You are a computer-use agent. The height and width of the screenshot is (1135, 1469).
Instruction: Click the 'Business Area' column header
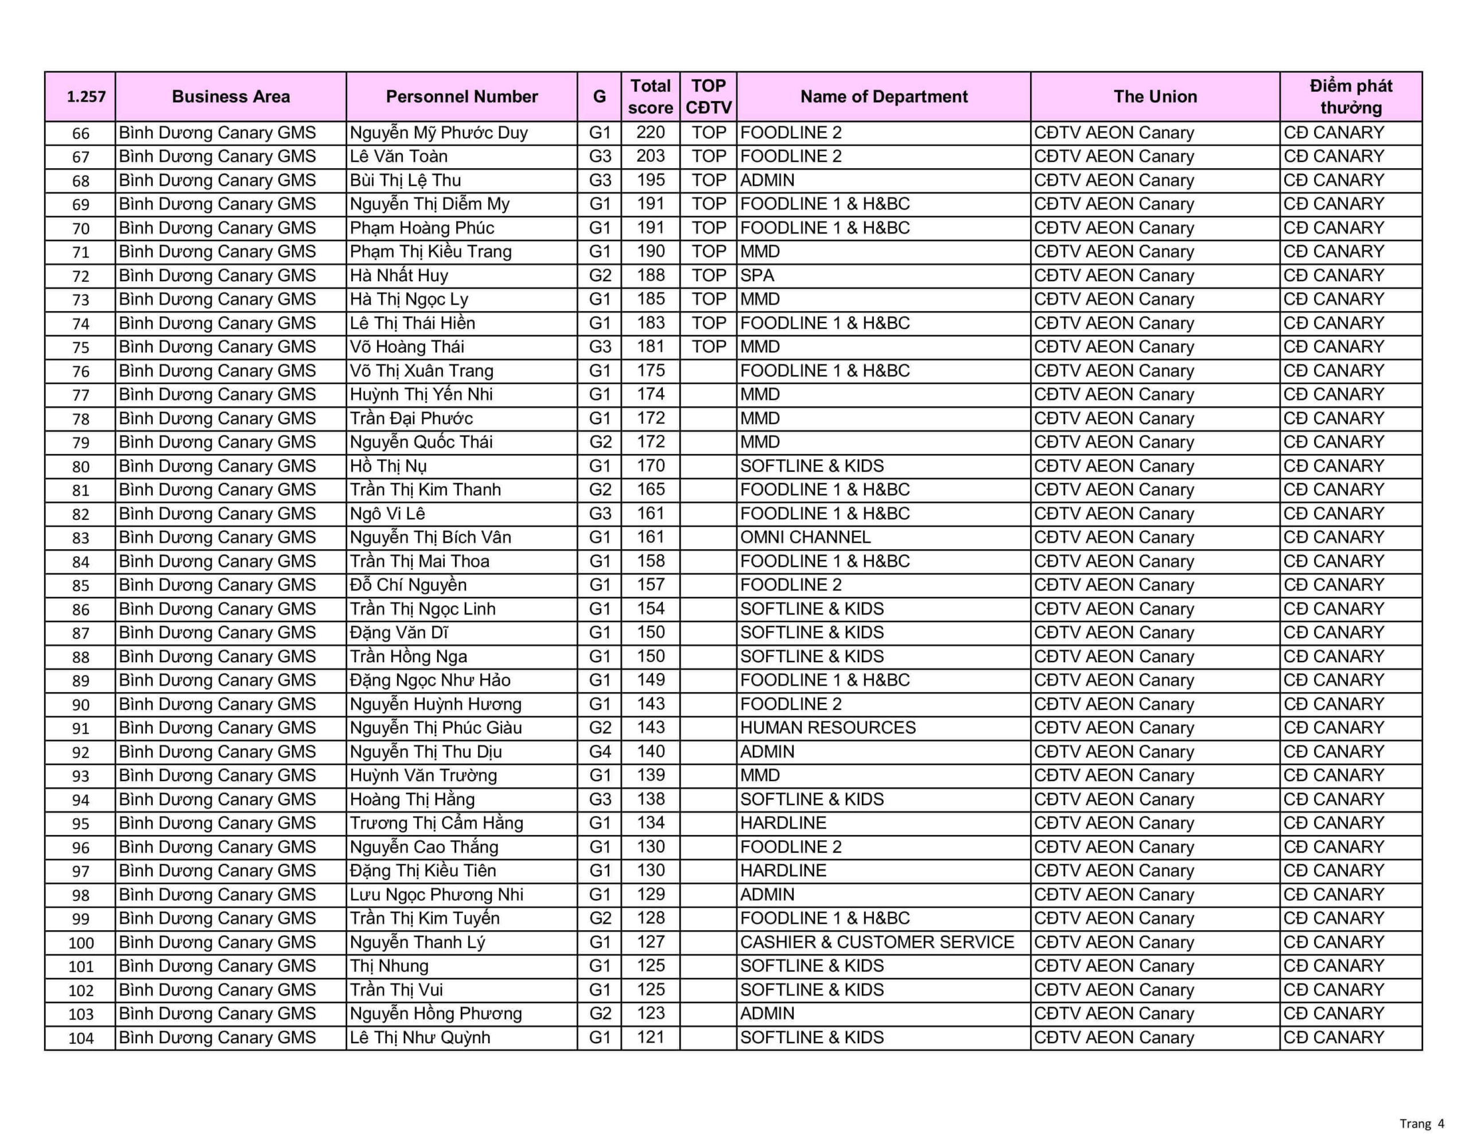pyautogui.click(x=231, y=96)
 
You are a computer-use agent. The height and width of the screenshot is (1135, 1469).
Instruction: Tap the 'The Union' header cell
pyautogui.click(x=1155, y=96)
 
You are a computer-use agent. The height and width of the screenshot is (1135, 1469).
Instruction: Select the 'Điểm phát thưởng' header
pyautogui.click(x=1351, y=96)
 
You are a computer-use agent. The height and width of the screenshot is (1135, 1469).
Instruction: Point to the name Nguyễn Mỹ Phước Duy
pyautogui.click(x=438, y=133)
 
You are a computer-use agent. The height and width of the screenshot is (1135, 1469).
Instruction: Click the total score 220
pyautogui.click(x=650, y=133)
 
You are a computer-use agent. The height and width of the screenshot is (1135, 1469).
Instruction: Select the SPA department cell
pyautogui.click(x=757, y=275)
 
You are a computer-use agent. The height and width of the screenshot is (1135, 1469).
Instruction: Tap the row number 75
pyautogui.click(x=81, y=347)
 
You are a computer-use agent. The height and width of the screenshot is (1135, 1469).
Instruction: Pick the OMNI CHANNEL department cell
pyautogui.click(x=805, y=537)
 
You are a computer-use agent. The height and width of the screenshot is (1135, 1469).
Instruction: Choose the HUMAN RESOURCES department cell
pyautogui.click(x=828, y=727)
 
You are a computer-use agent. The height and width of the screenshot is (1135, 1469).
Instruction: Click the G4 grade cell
pyautogui.click(x=599, y=752)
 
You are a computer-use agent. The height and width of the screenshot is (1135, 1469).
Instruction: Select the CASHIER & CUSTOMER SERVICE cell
pyautogui.click(x=877, y=942)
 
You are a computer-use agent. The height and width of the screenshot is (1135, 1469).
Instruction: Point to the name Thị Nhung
pyautogui.click(x=389, y=966)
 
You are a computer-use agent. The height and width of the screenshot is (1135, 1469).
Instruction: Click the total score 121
pyautogui.click(x=650, y=1037)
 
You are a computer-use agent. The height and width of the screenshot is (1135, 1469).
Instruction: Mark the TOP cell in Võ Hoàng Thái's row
pyautogui.click(x=708, y=347)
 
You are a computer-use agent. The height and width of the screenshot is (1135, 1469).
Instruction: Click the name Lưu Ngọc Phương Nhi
pyautogui.click(x=436, y=894)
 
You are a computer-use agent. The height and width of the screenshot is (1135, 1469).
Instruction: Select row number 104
pyautogui.click(x=81, y=1037)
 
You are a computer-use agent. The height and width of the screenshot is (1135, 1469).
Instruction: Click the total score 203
pyautogui.click(x=650, y=156)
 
